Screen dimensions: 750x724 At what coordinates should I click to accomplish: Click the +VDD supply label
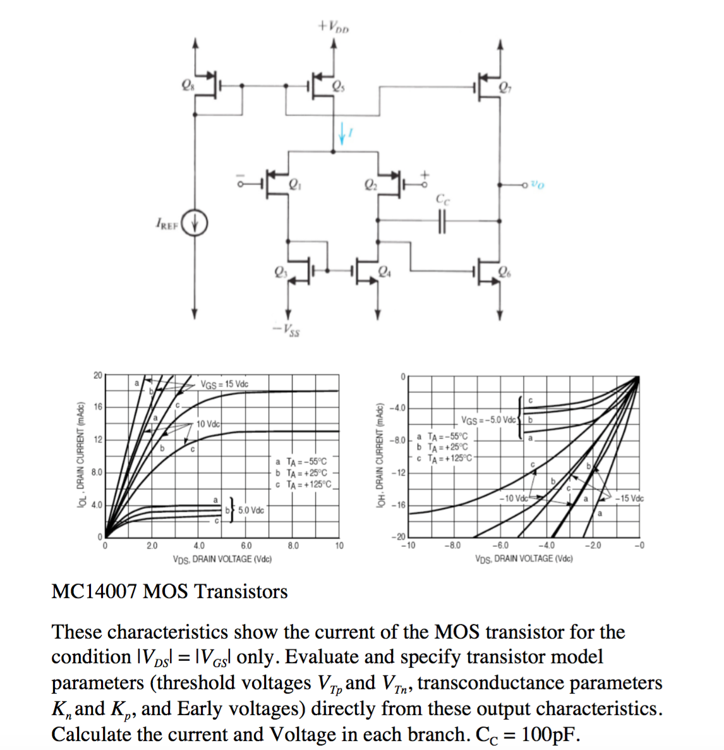tap(334, 27)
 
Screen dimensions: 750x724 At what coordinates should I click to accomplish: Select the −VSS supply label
tap(287, 329)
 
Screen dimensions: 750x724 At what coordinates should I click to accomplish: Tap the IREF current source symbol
tap(195, 223)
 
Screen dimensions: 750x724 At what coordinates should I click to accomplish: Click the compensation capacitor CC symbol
tap(442, 221)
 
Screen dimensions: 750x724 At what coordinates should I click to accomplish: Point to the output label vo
tap(537, 185)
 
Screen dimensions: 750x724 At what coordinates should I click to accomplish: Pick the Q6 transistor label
tap(504, 273)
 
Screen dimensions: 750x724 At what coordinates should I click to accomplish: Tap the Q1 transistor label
tap(294, 185)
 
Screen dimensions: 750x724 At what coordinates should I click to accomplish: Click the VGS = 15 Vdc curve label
tap(224, 384)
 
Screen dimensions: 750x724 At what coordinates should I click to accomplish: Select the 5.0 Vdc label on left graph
tap(251, 510)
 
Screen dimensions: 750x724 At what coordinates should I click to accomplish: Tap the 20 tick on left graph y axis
tap(97, 375)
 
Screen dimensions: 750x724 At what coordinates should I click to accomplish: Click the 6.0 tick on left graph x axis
tap(246, 546)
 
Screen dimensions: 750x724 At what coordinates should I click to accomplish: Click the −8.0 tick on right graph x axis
tap(453, 545)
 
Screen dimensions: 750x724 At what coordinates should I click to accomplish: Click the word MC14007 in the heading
tap(94, 592)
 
